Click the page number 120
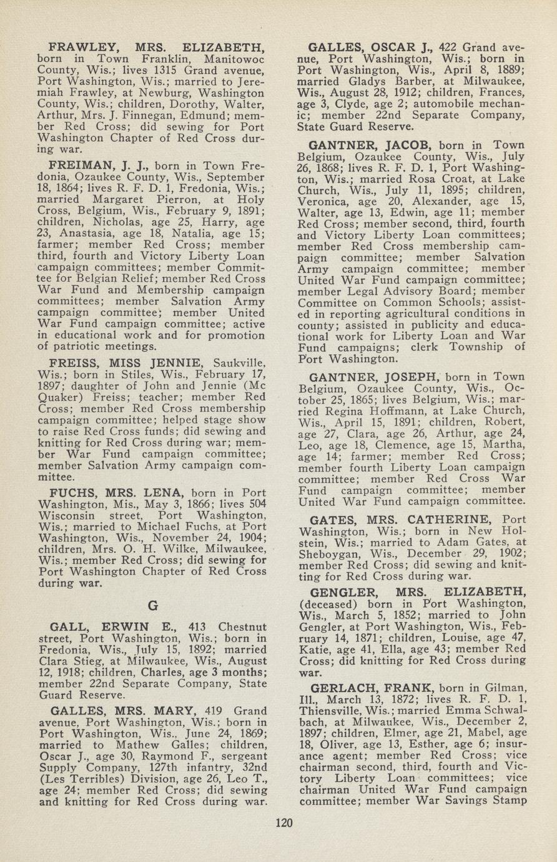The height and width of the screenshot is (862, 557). point(284,823)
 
